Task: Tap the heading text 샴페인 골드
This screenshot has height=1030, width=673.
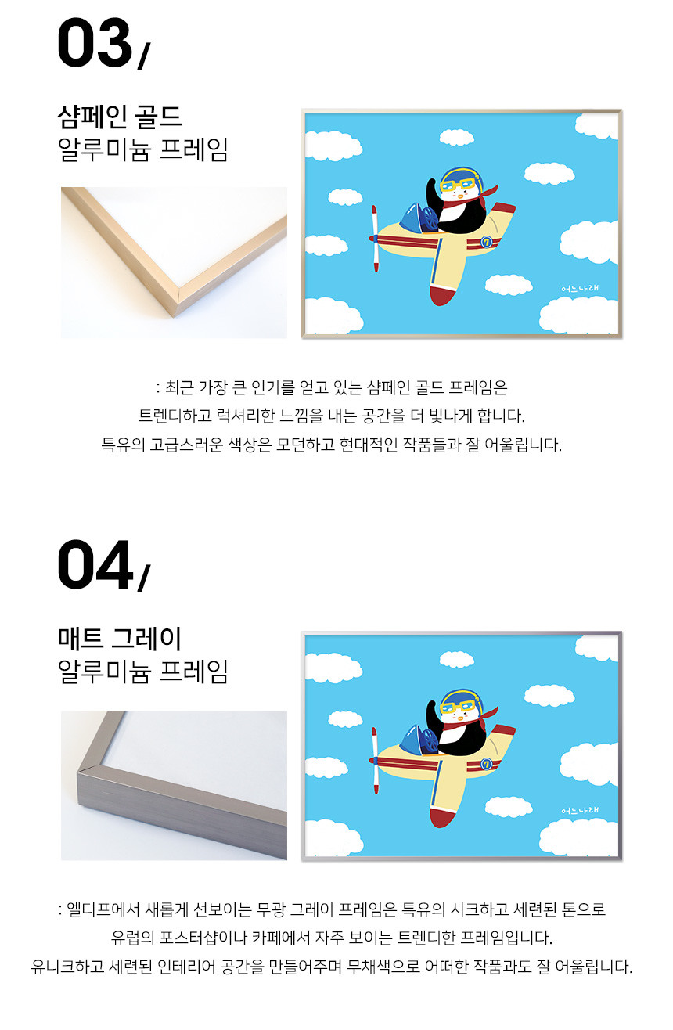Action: pyautogui.click(x=120, y=117)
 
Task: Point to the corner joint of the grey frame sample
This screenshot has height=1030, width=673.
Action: pyautogui.click(x=88, y=769)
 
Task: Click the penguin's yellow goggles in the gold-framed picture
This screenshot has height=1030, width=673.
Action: pyautogui.click(x=459, y=186)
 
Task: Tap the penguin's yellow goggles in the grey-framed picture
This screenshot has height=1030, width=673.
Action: pyautogui.click(x=459, y=708)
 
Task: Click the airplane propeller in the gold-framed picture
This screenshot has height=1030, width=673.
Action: pyautogui.click(x=375, y=239)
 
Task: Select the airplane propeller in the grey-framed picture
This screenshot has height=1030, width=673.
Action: pyautogui.click(x=375, y=761)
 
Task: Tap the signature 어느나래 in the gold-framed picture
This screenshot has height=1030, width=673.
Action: pyautogui.click(x=580, y=288)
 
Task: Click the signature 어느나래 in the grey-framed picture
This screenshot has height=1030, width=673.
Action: pyautogui.click(x=580, y=810)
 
